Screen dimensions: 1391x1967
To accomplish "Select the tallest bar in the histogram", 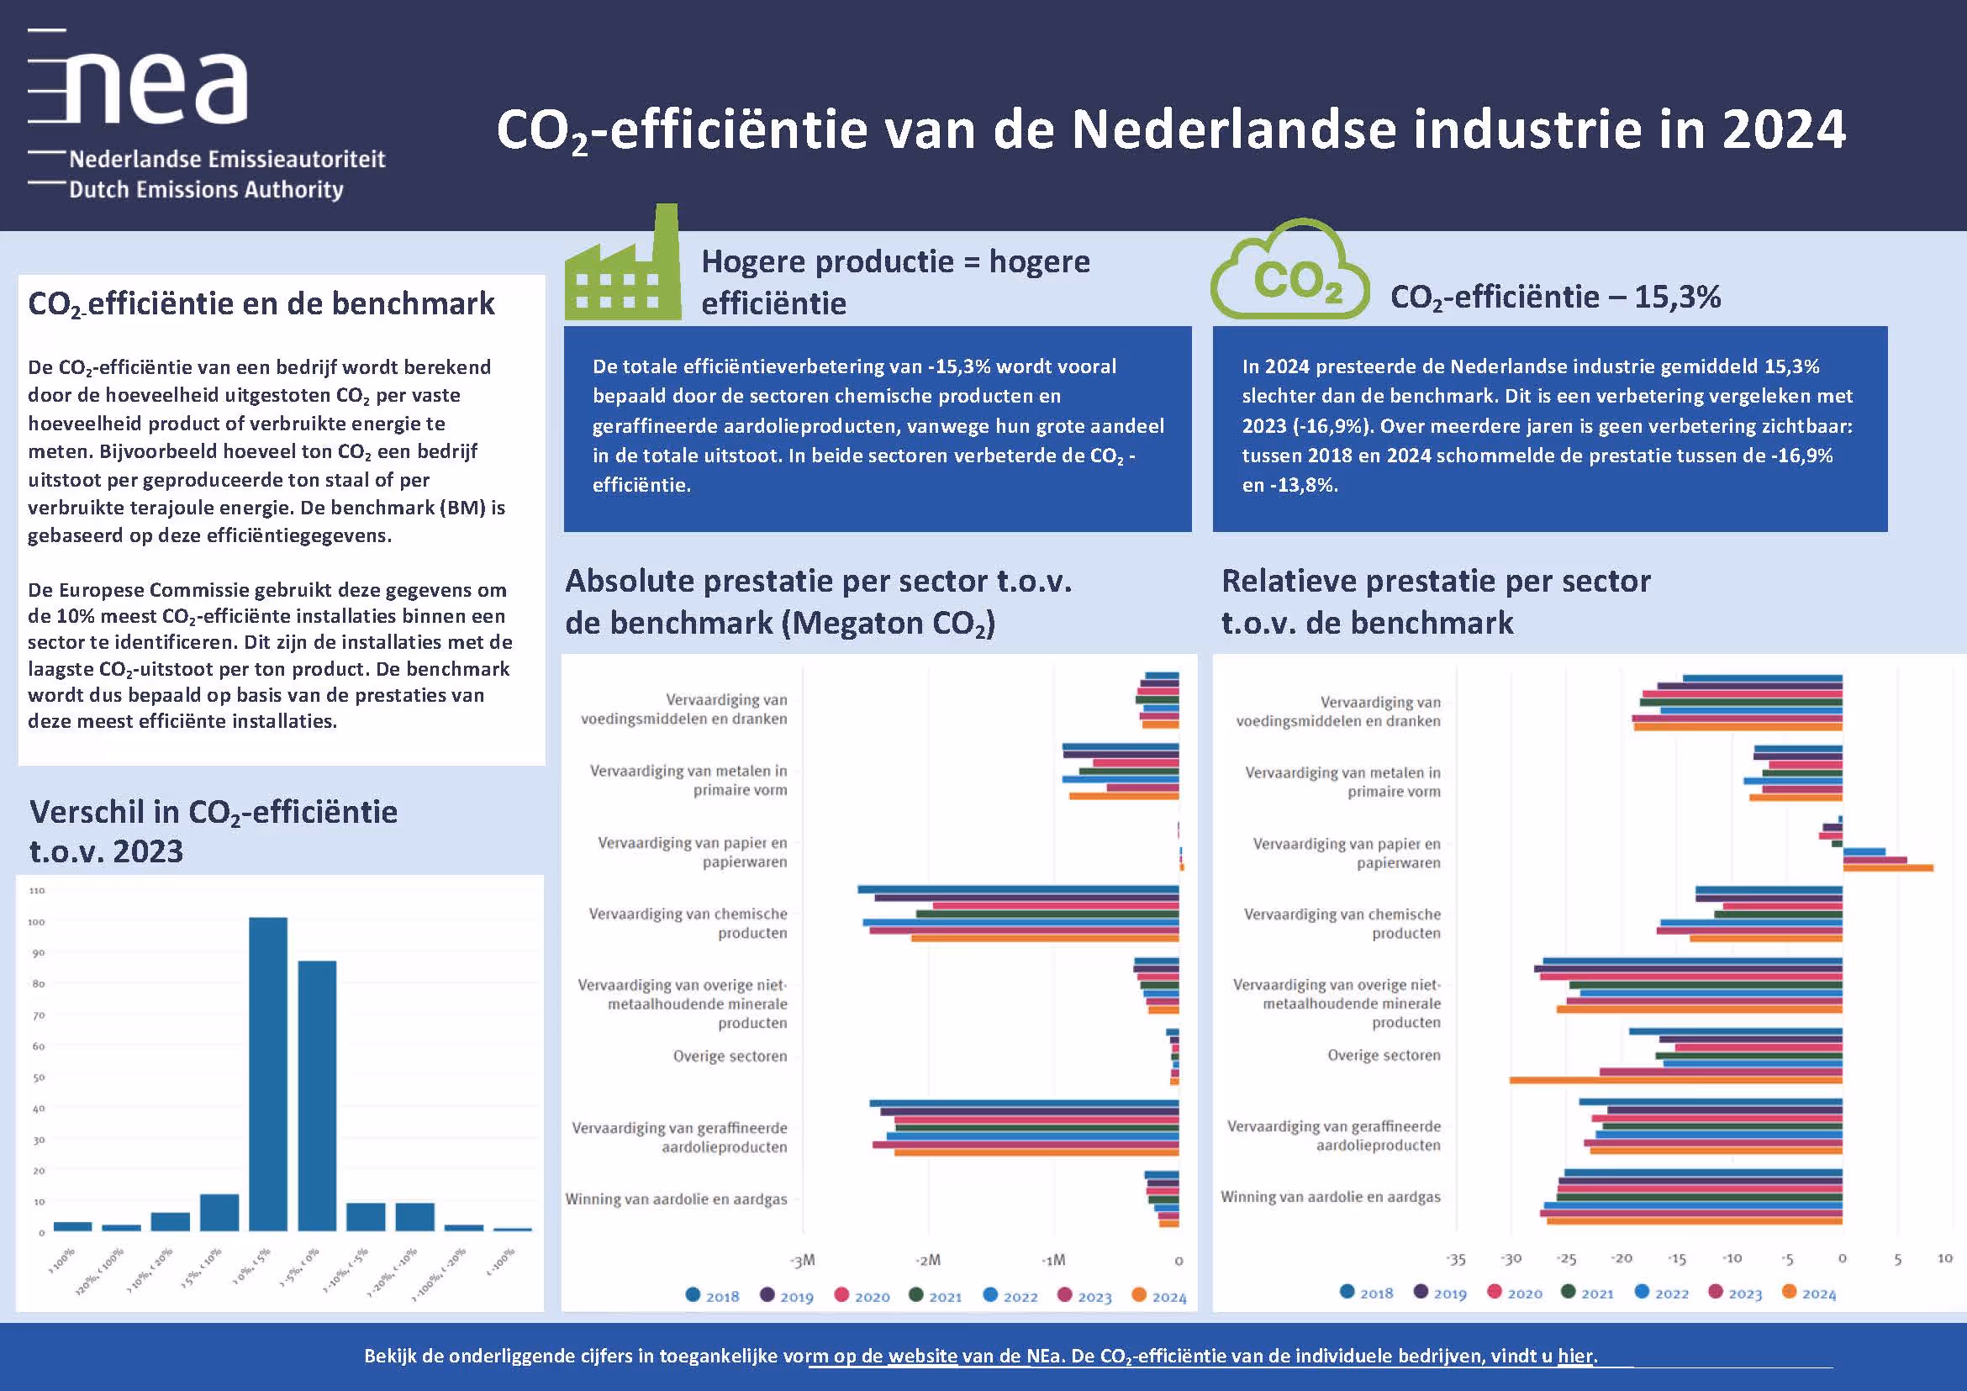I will [x=268, y=1073].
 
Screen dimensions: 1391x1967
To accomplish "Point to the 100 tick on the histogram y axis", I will [x=37, y=922].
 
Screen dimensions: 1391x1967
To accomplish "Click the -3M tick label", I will [x=803, y=1261].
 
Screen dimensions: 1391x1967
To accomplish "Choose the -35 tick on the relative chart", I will [x=1457, y=1259].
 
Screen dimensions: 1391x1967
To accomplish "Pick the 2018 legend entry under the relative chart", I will [x=1368, y=1294].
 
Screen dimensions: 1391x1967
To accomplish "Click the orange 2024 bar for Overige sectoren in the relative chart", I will [x=1674, y=1080].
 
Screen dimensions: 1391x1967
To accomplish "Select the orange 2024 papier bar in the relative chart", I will [x=1888, y=868].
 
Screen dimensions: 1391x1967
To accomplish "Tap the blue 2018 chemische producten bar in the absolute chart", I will [x=1018, y=889].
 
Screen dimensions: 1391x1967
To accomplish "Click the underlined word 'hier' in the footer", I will [x=1575, y=1356].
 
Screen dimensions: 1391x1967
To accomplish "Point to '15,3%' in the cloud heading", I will [x=1678, y=298].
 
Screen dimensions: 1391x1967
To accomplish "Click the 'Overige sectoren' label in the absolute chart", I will [x=730, y=1056].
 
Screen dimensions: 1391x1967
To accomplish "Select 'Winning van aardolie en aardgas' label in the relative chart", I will [x=1331, y=1197].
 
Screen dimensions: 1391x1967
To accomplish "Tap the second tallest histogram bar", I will [x=317, y=1095].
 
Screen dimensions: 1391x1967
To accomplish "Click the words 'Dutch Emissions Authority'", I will [x=206, y=189].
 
